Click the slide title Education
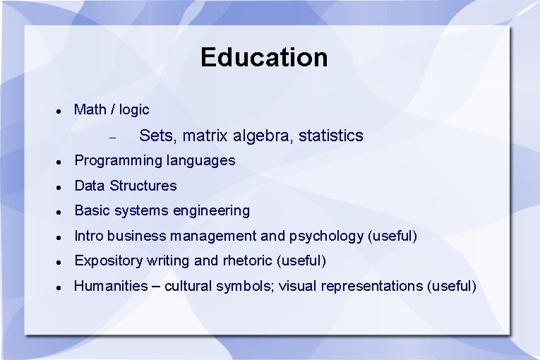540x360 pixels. [264, 57]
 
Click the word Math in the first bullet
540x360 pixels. [90, 109]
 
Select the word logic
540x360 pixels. [134, 109]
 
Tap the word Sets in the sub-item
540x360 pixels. [155, 136]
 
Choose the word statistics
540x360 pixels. [330, 136]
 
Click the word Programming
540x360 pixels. [118, 161]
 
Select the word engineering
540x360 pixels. [212, 211]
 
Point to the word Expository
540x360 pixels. [108, 261]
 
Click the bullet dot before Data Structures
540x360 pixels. [60, 187]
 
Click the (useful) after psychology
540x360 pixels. [393, 236]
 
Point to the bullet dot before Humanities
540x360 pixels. [60, 287]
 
